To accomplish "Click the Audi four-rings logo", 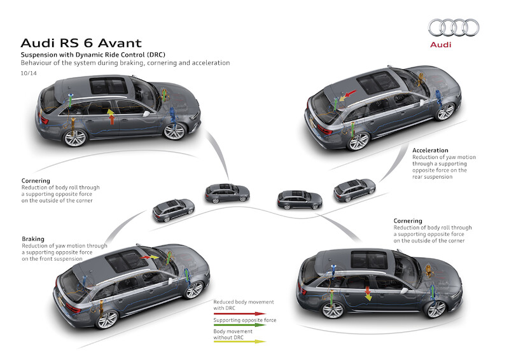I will pos(453,27).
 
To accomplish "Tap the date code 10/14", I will pos(28,74).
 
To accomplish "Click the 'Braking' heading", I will pos(32,239).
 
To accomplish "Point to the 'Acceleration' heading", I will pos(431,151).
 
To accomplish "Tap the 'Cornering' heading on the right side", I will pos(408,221).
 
